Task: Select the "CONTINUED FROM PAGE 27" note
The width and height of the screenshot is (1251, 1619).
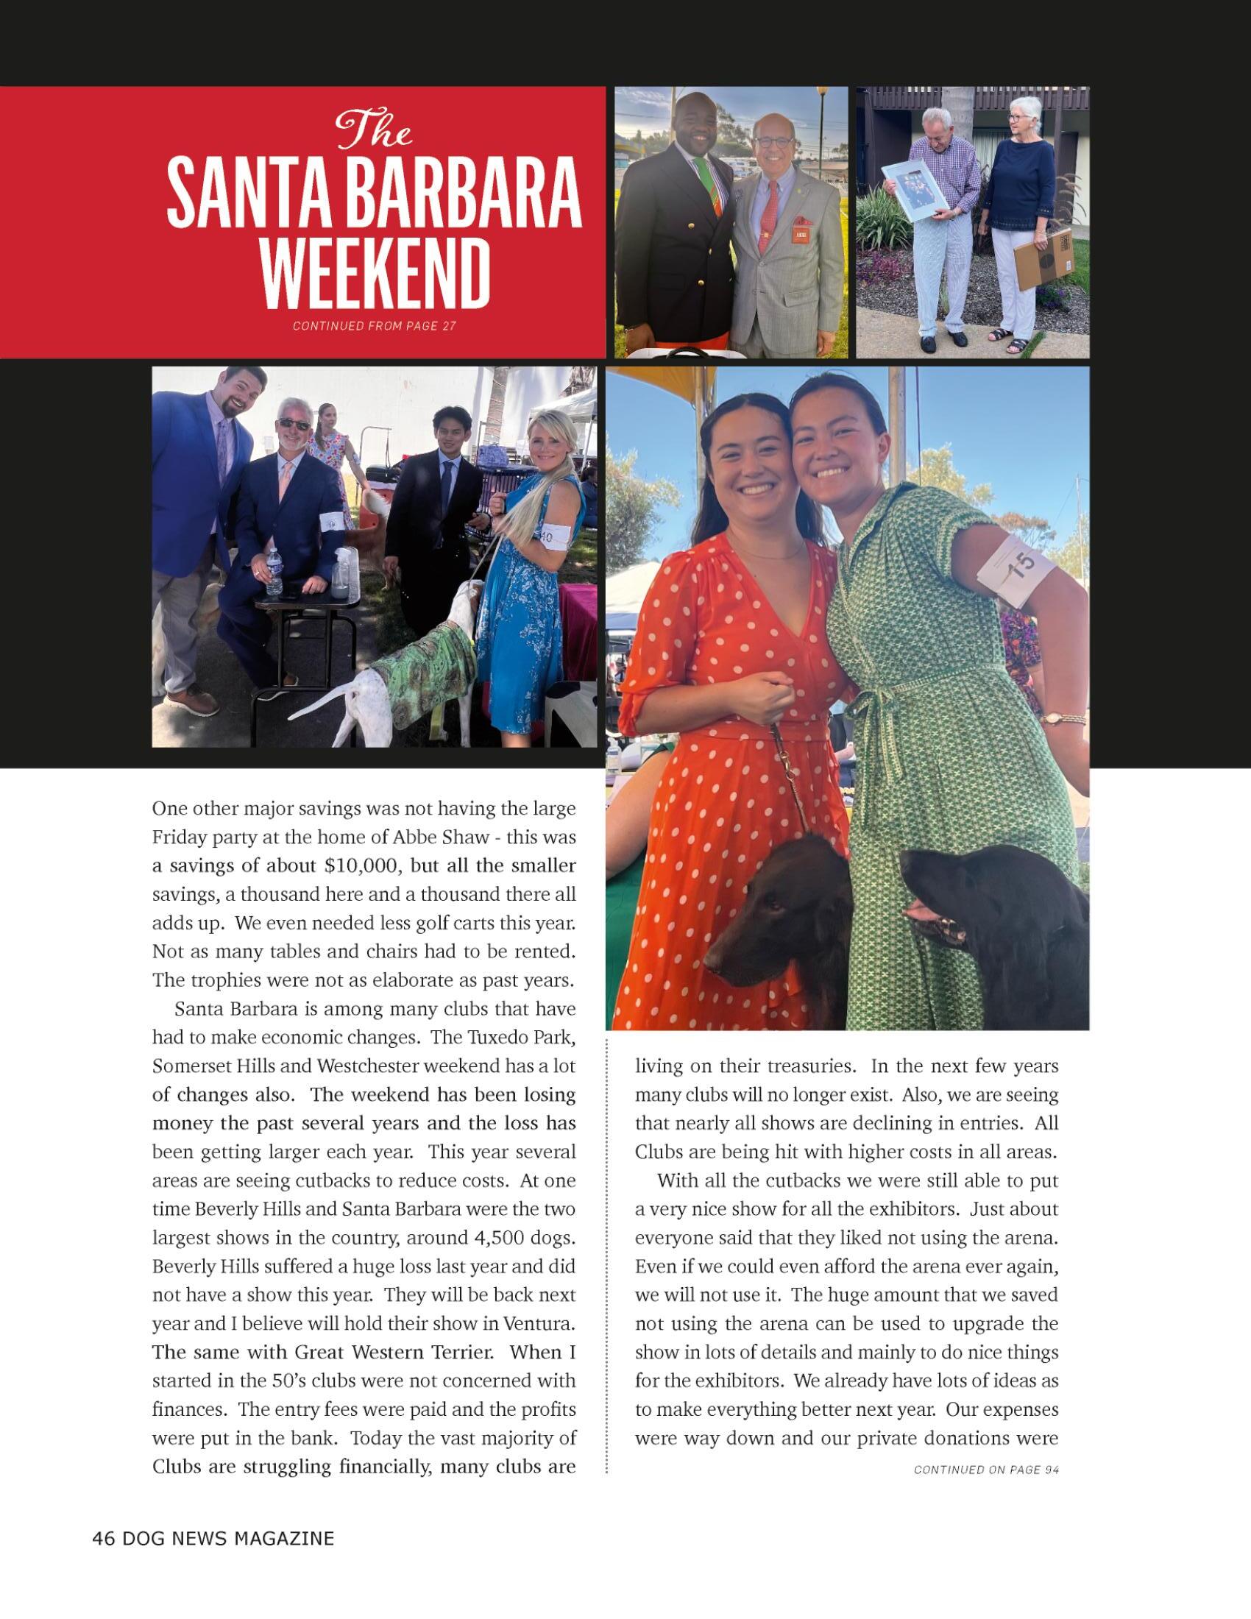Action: click(375, 326)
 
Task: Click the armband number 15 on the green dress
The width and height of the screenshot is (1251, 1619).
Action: click(1021, 567)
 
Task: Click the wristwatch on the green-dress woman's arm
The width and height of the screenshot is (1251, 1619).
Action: click(1053, 718)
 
